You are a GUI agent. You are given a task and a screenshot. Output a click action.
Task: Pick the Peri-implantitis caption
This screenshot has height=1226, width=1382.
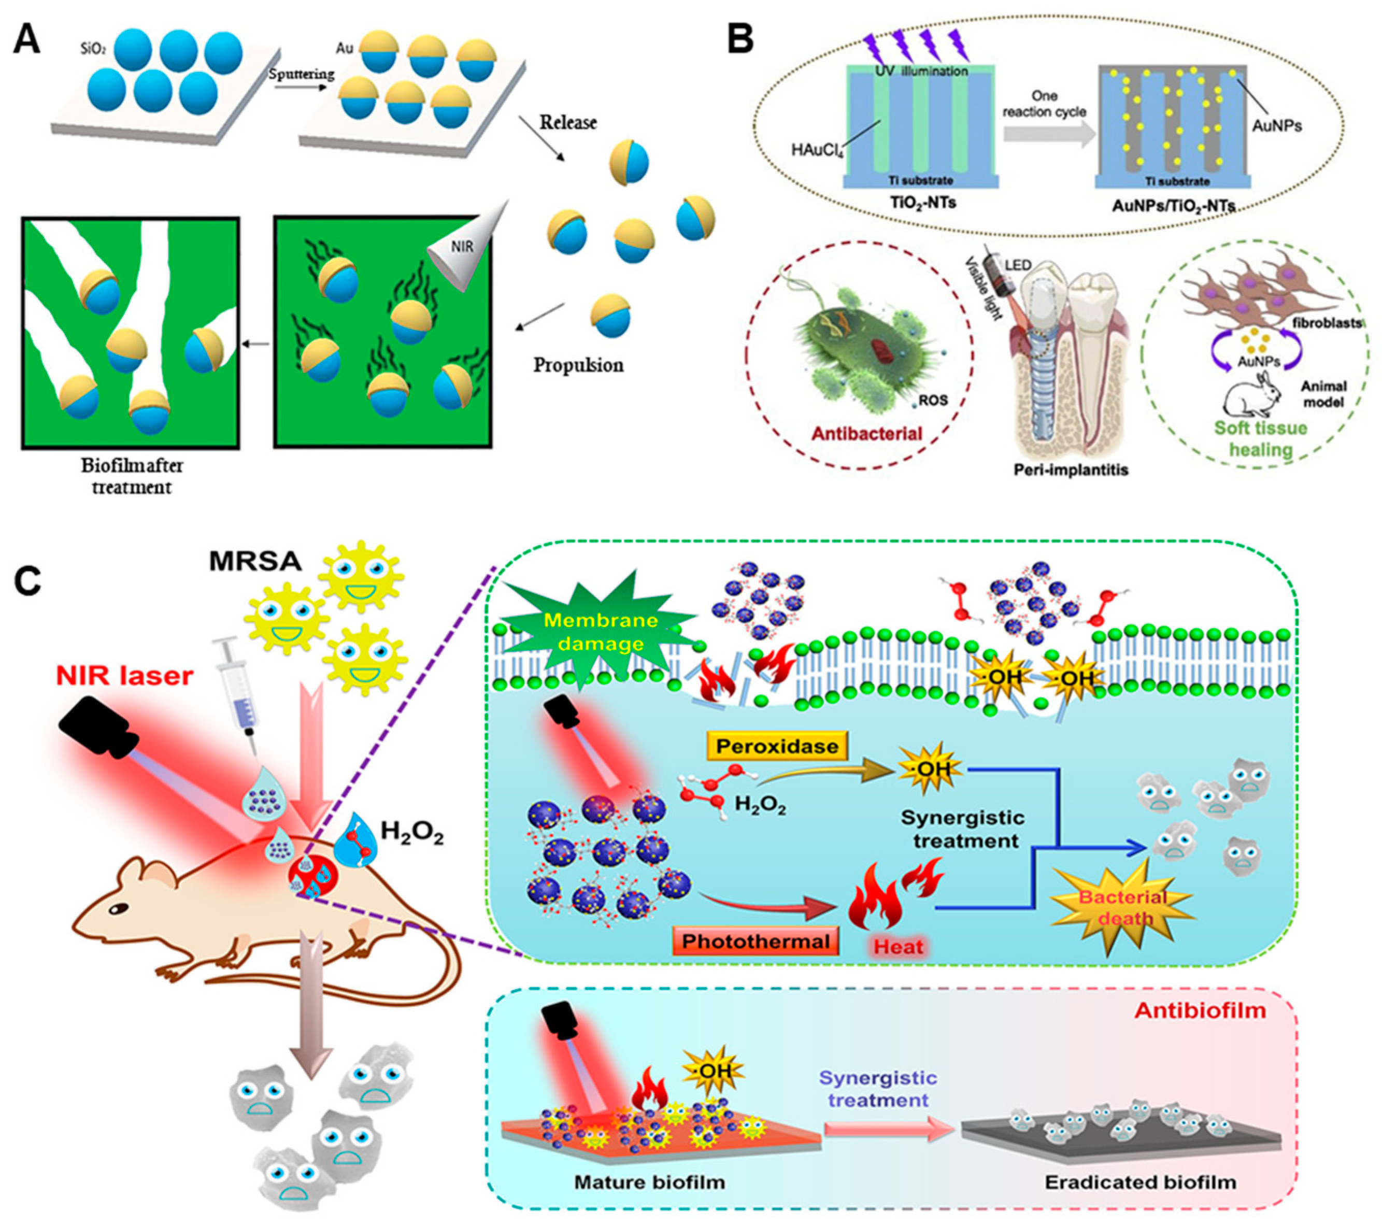tap(1072, 468)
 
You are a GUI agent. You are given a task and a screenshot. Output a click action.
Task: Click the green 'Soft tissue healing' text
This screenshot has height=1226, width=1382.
tap(1260, 438)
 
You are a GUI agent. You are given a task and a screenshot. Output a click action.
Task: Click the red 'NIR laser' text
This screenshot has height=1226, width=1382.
tap(125, 675)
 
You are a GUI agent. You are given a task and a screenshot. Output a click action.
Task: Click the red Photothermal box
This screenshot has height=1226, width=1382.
tap(754, 942)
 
